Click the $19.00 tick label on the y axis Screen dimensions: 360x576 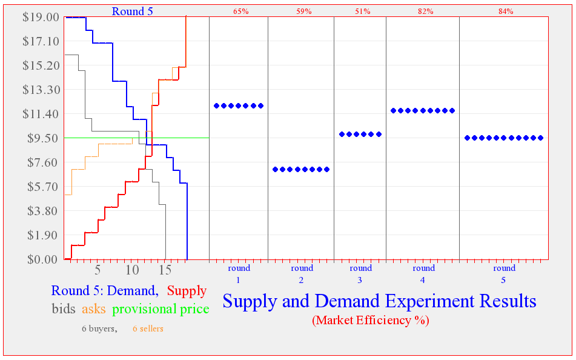41,17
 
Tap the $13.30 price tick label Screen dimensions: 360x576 41,90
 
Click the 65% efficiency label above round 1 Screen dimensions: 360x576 240,12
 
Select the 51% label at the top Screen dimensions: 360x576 363,12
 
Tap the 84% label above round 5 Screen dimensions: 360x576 506,12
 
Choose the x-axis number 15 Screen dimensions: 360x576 165,269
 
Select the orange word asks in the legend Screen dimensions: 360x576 93,309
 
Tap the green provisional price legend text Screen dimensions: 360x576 161,309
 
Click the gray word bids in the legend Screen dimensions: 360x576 64,309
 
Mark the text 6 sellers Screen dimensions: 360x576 148,329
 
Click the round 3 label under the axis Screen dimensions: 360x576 360,273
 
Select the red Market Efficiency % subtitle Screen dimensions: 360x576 370,321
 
